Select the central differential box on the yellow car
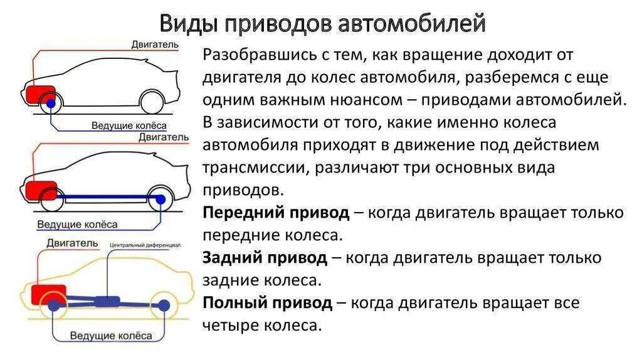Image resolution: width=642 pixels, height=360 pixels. [x=107, y=300]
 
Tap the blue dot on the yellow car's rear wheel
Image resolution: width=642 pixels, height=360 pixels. [x=164, y=305]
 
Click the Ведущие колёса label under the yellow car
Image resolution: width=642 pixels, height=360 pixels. [x=112, y=336]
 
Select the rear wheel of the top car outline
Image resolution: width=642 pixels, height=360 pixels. [x=152, y=102]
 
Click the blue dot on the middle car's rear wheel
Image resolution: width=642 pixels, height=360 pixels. [x=161, y=199]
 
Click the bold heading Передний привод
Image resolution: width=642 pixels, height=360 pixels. [x=276, y=213]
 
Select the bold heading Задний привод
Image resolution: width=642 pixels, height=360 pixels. [x=265, y=258]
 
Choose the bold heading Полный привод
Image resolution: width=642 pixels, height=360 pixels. [x=267, y=304]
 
